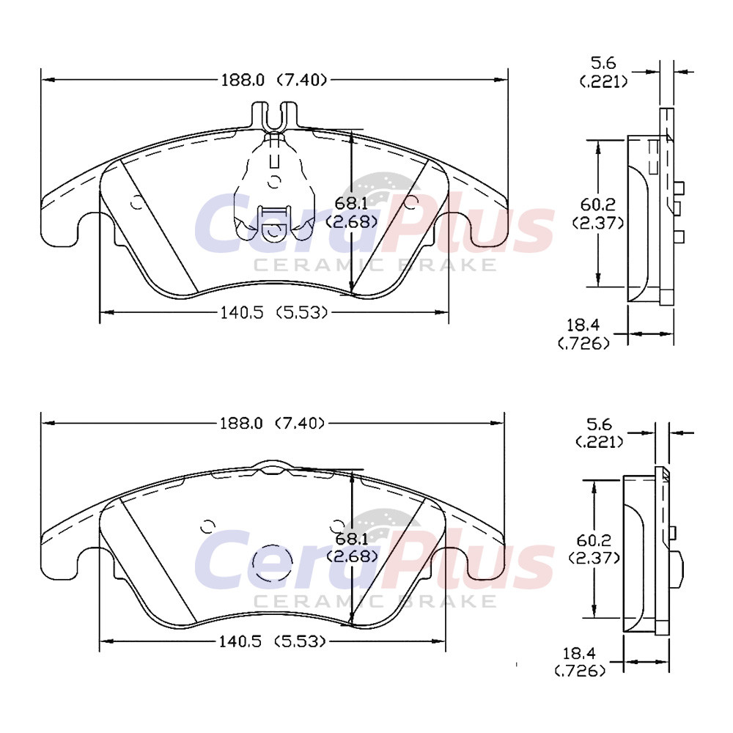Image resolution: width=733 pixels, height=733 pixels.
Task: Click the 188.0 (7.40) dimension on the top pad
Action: click(x=273, y=80)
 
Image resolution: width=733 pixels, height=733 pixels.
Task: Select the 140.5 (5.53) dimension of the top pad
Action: click(x=273, y=312)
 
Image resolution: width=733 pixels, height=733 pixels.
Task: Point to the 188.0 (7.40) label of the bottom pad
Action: click(x=273, y=424)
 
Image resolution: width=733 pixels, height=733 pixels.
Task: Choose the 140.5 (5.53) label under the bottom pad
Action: click(x=272, y=641)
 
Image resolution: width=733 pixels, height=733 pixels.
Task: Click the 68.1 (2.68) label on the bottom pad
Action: click(x=352, y=548)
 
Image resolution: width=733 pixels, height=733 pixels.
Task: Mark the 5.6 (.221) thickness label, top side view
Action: click(x=603, y=72)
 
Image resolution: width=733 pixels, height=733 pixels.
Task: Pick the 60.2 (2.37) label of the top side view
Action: click(x=598, y=213)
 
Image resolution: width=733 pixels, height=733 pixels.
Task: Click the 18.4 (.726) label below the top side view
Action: click(x=583, y=334)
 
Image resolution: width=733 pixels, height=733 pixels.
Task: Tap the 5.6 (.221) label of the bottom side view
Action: click(x=600, y=432)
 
